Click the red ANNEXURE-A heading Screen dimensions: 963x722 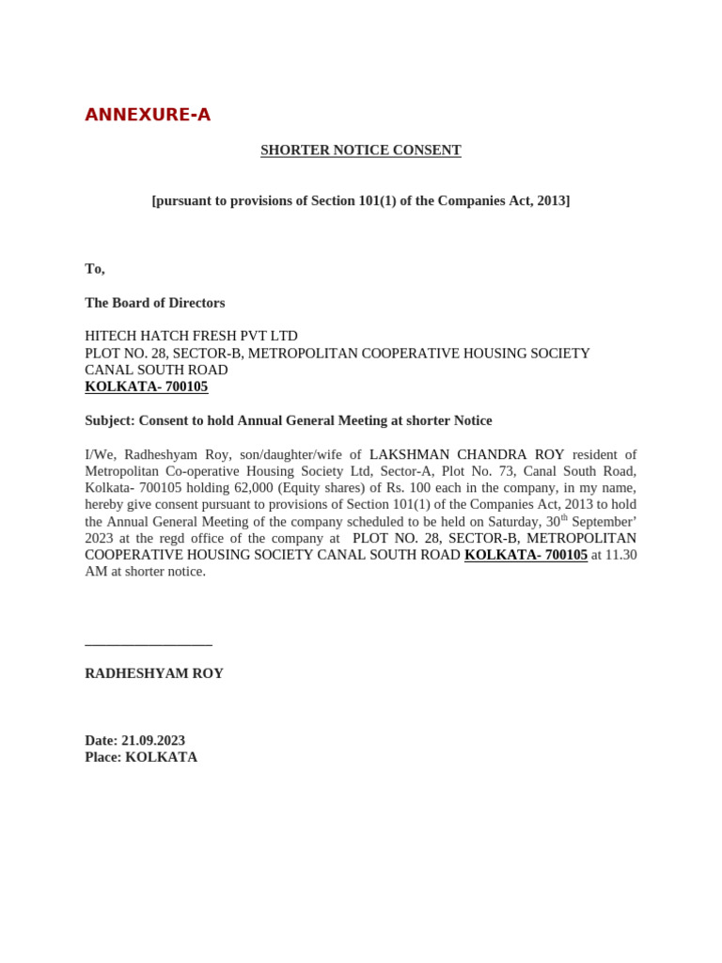(148, 115)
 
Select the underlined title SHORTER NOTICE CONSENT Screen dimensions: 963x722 (360, 150)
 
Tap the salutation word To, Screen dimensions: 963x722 (95, 269)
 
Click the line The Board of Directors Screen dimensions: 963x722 (155, 303)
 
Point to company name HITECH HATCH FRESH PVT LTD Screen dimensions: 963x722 (191, 336)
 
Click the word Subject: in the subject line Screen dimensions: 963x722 (109, 420)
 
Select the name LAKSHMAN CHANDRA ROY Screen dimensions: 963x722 (466, 454)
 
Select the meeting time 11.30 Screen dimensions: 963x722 (621, 555)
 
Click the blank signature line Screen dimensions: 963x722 (149, 644)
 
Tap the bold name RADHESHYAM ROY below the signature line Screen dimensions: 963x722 (154, 673)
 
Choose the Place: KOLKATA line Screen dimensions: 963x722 (141, 757)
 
